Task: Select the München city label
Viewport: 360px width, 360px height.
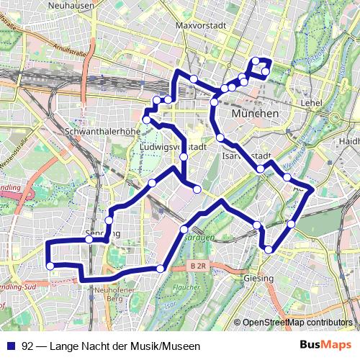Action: click(255, 114)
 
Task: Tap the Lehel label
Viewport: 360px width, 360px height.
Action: click(311, 104)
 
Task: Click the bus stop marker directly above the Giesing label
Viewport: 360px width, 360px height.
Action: click(269, 250)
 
